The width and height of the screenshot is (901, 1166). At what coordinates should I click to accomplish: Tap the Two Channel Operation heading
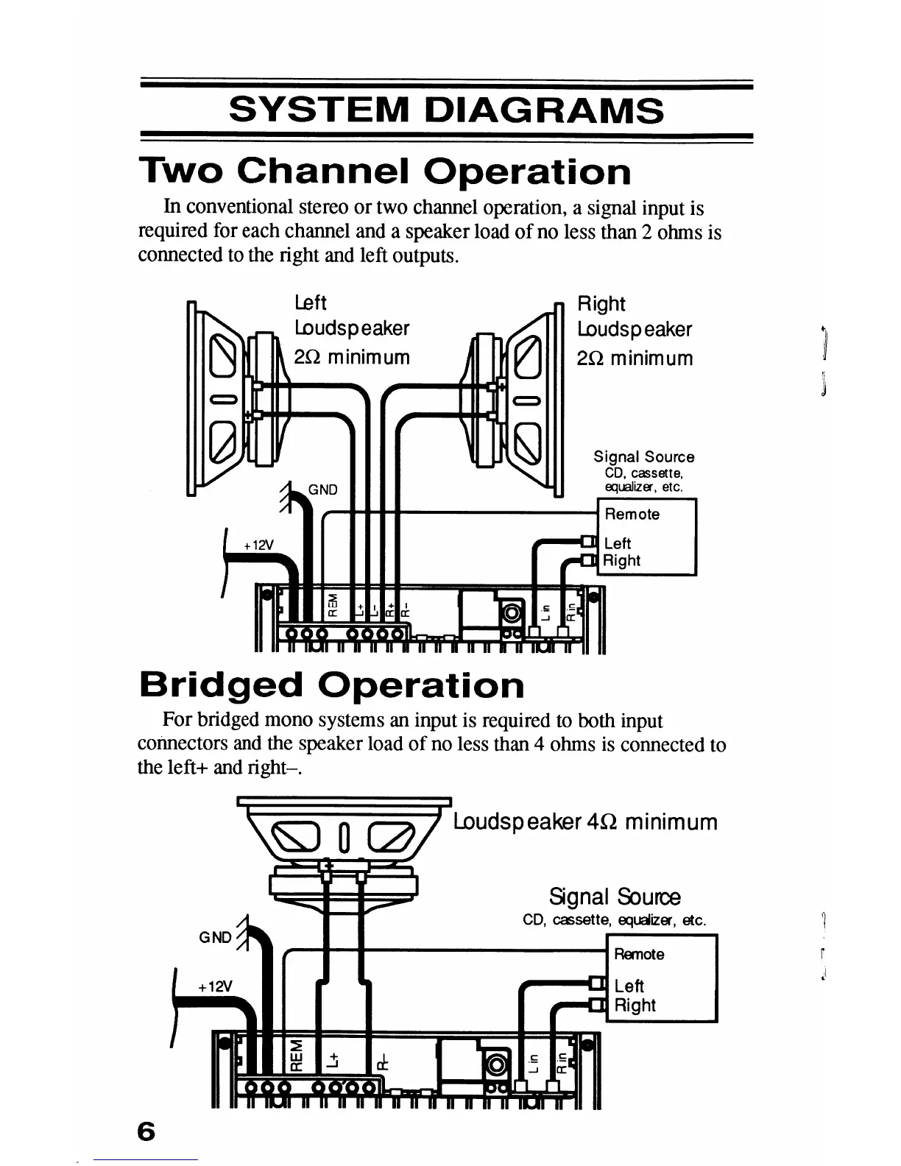384,172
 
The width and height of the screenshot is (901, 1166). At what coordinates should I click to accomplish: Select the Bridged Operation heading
331,685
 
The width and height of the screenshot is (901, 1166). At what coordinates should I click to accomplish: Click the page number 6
146,1131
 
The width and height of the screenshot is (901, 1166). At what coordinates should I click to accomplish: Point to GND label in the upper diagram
322,490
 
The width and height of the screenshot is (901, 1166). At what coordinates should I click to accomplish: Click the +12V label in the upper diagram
258,545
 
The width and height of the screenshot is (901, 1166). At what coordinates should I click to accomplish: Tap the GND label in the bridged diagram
215,938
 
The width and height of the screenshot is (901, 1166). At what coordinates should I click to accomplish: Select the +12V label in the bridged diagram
215,986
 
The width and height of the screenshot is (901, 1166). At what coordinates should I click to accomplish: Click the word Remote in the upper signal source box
632,515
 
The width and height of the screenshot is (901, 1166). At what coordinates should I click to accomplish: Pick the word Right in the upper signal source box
622,561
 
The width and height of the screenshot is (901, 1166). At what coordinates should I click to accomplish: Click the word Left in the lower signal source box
629,986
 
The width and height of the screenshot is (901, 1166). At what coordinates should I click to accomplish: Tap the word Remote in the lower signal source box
639,954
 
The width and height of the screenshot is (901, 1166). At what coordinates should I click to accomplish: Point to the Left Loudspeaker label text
351,329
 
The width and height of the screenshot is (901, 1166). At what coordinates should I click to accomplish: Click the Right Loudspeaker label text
635,330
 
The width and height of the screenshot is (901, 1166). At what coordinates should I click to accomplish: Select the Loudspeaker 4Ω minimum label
585,821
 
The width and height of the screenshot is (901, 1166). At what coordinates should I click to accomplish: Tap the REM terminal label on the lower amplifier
296,1055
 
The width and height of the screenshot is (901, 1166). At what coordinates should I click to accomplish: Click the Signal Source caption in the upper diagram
644,457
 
